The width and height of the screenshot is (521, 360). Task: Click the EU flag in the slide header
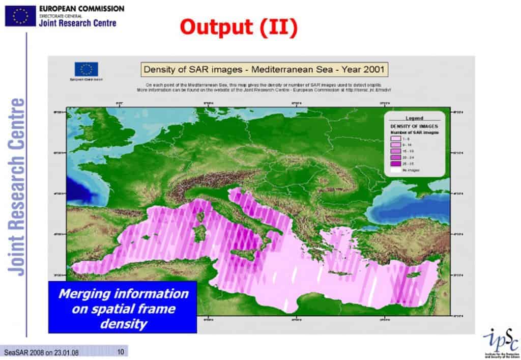click(x=20, y=16)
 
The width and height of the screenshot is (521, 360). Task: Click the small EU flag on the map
click(x=86, y=69)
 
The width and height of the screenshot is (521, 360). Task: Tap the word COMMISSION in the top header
click(x=100, y=9)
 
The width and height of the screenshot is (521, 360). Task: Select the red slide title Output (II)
click(x=238, y=27)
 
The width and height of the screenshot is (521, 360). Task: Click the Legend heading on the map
click(x=414, y=118)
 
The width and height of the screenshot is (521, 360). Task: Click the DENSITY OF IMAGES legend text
click(x=414, y=126)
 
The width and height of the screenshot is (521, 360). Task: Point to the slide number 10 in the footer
click(x=121, y=352)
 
